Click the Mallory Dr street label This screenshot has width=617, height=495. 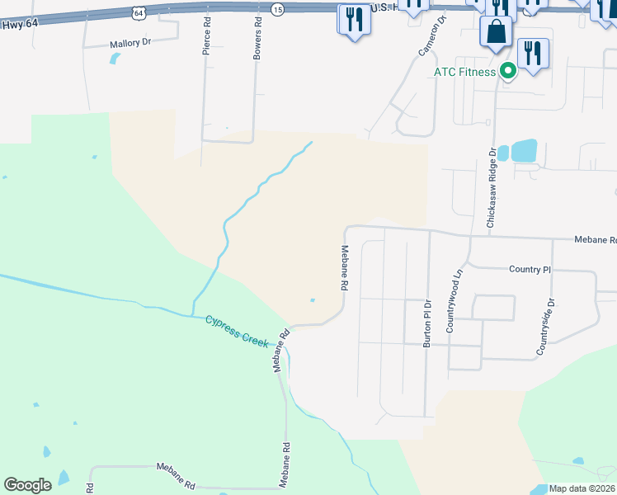click(x=132, y=44)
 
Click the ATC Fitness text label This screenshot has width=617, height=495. click(x=465, y=72)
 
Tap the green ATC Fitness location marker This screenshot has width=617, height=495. click(x=509, y=72)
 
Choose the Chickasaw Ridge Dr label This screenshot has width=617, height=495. click(x=492, y=188)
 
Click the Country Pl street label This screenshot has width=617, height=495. click(x=530, y=270)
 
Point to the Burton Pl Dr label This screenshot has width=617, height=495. click(x=427, y=323)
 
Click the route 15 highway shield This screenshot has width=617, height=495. click(x=277, y=8)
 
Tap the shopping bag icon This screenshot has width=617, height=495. click(x=496, y=33)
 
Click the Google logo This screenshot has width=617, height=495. click(x=27, y=485)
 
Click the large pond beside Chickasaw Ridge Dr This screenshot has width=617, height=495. click(x=524, y=151)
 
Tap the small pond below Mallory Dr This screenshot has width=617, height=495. click(x=114, y=59)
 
